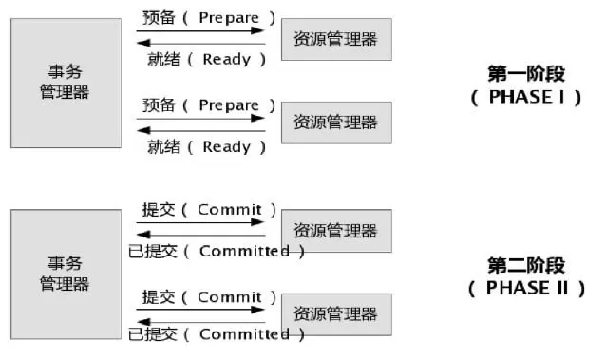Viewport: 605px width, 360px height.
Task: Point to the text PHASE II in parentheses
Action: pos(527,289)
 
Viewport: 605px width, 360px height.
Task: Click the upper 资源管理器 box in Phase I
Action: pos(335,39)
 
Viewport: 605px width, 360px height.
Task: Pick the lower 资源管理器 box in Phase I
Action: pos(335,123)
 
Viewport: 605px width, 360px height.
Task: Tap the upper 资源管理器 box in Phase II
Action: pos(335,231)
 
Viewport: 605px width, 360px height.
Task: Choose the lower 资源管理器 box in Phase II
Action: pos(335,313)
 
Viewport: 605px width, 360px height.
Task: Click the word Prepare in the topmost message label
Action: pos(229,18)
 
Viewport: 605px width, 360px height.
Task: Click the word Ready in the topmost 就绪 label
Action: pos(227,60)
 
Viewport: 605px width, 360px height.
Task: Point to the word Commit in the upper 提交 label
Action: pos(229,210)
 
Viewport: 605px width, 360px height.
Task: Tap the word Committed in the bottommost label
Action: pos(244,333)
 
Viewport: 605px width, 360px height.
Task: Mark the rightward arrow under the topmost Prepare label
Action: pos(200,30)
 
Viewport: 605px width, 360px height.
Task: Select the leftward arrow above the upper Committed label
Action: pos(200,234)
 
